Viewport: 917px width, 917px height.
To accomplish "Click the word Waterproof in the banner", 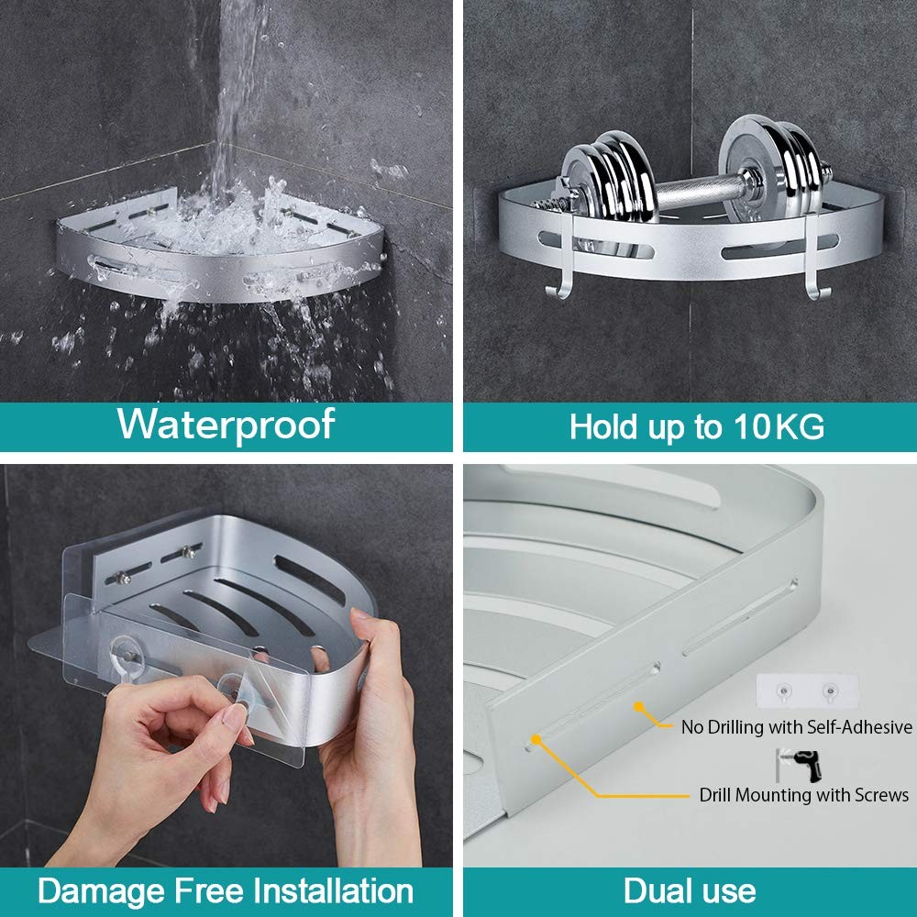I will (x=226, y=425).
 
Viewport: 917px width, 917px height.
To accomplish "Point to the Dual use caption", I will (x=690, y=890).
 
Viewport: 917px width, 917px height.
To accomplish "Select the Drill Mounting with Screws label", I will (x=803, y=795).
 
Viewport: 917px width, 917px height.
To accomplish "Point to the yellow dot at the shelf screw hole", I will (x=534, y=737).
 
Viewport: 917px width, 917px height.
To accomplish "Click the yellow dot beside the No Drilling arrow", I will (x=640, y=707).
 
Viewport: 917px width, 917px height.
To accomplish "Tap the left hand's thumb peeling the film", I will (x=240, y=720).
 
